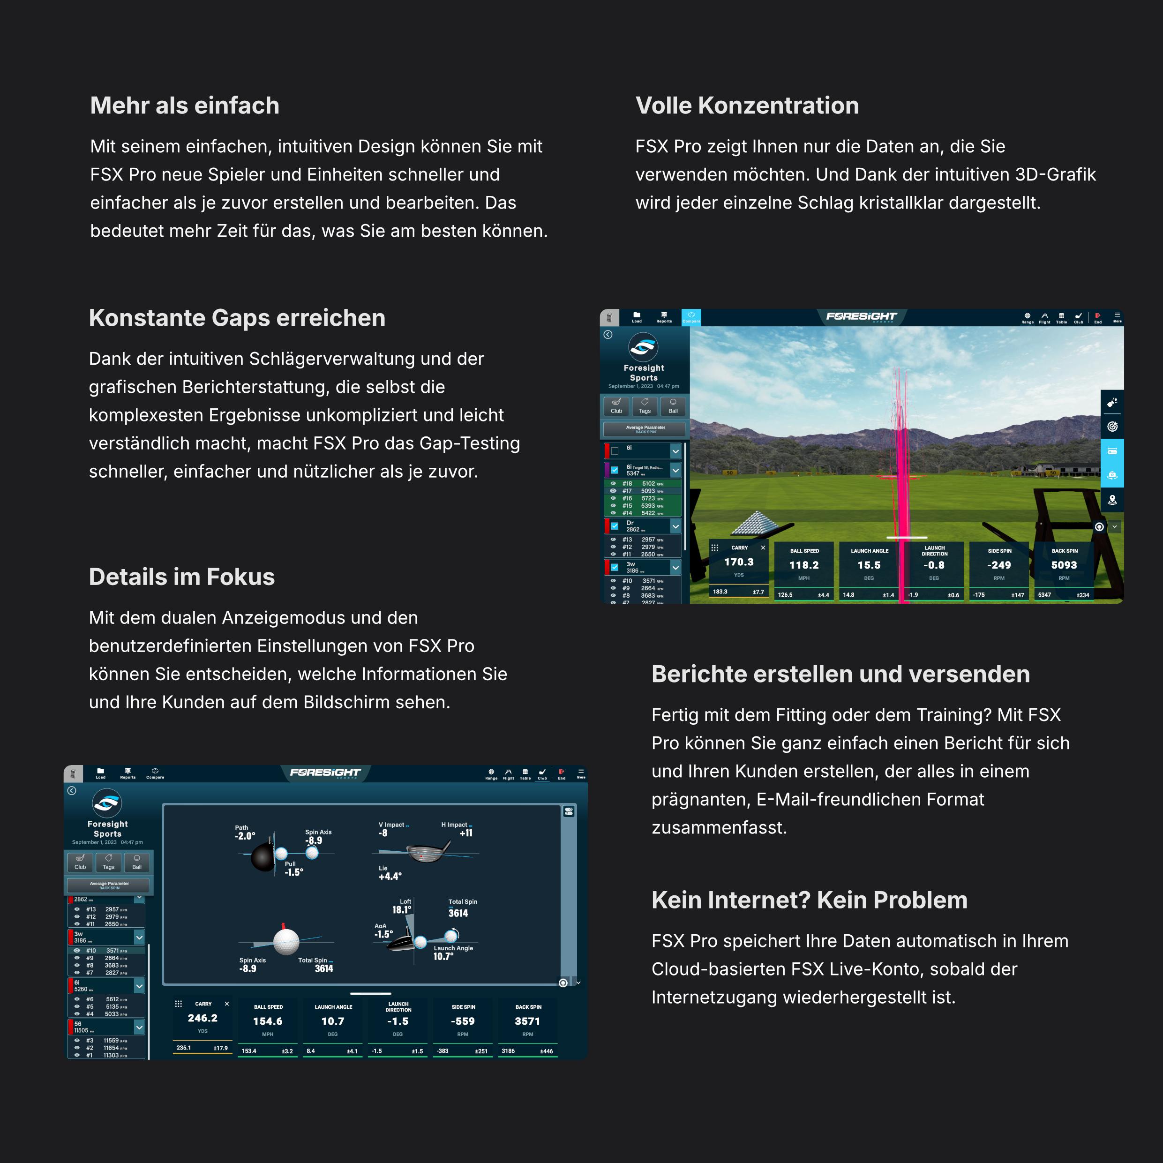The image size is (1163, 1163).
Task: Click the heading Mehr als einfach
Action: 185,106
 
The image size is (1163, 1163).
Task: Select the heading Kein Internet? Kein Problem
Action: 809,900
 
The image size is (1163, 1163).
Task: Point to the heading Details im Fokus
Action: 182,577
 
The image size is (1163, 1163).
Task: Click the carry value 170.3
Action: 739,562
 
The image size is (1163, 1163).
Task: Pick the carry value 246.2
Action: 202,1018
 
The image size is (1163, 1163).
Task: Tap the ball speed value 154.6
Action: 268,1021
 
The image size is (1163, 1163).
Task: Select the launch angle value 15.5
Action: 869,565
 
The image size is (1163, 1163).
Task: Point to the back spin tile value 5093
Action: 1064,565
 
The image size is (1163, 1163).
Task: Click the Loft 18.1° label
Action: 402,907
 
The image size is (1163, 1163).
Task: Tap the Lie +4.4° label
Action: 390,873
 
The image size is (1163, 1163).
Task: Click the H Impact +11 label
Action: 459,830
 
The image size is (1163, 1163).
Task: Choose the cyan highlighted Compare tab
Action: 691,317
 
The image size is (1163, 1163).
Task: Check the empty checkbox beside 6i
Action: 615,451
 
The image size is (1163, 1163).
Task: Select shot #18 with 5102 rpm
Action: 642,483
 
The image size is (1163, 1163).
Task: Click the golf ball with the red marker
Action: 286,941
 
